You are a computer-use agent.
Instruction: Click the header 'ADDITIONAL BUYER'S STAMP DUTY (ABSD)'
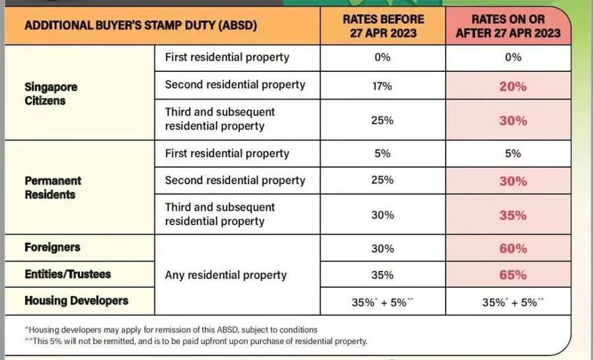click(140, 26)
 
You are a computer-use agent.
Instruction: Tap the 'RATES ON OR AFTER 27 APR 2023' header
click(512, 26)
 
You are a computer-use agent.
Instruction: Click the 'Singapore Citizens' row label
click(51, 94)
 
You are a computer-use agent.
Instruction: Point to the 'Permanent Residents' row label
click(53, 187)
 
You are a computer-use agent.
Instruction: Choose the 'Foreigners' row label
click(52, 247)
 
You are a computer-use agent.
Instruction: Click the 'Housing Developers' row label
click(76, 301)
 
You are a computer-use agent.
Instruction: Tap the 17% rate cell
click(382, 86)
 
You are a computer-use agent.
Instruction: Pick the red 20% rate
click(513, 86)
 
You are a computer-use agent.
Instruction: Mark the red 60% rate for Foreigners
click(513, 249)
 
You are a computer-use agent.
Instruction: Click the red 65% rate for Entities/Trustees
click(513, 275)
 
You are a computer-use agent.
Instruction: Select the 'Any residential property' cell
click(226, 275)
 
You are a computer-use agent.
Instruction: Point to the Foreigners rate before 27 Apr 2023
click(382, 249)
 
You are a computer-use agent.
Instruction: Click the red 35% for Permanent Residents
click(513, 216)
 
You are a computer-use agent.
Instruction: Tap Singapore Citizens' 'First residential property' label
click(227, 57)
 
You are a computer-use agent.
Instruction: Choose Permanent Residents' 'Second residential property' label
click(235, 180)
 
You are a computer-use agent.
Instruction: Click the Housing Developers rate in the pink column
click(513, 303)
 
